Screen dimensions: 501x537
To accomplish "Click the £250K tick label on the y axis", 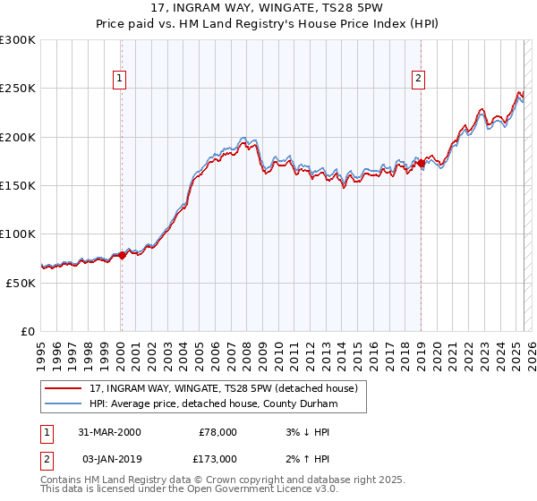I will tap(18, 89).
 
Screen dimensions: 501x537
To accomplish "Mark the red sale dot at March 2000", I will tap(123, 256).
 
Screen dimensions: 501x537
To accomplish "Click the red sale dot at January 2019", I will tap(421, 164).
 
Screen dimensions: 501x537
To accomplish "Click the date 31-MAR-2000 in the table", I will tap(109, 432).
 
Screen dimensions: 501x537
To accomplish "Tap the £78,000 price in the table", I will tap(217, 432).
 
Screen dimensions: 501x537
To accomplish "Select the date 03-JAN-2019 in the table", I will tap(109, 459).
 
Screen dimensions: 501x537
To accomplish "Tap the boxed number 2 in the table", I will tap(47, 459).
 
